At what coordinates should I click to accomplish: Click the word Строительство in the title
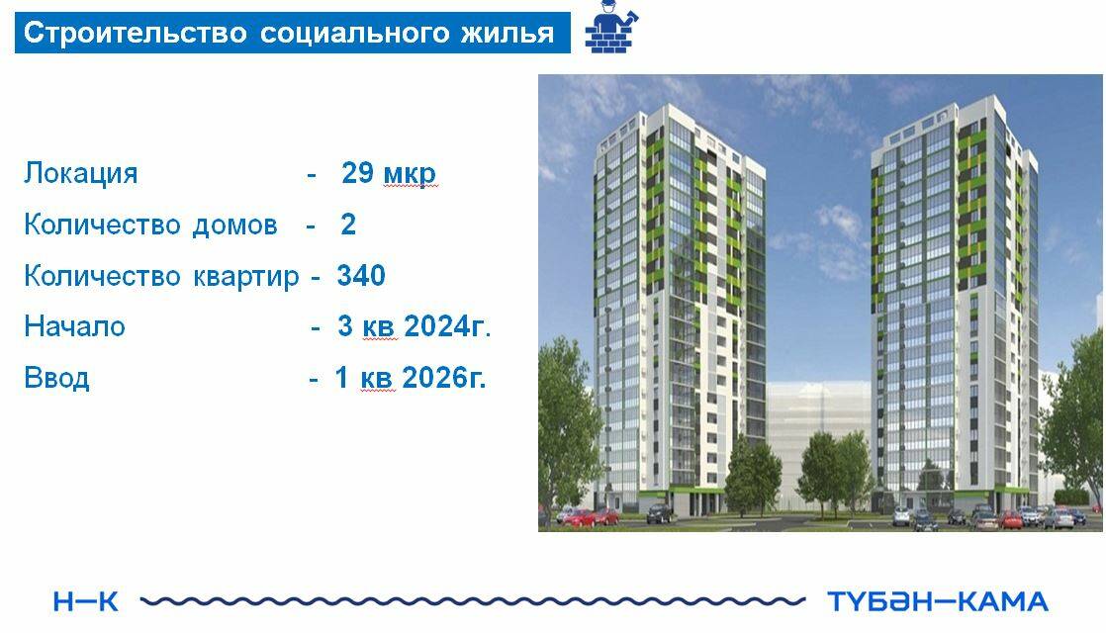click(136, 33)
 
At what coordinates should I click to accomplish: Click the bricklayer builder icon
click(611, 28)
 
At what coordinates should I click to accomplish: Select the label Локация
click(81, 173)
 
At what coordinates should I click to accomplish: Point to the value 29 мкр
click(389, 173)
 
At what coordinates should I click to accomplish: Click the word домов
click(234, 225)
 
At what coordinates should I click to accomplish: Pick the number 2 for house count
click(348, 225)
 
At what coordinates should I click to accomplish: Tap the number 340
click(361, 276)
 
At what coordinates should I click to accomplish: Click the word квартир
click(246, 277)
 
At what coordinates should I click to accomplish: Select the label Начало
click(75, 327)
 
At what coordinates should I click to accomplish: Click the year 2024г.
click(447, 326)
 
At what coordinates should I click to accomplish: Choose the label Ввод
click(56, 379)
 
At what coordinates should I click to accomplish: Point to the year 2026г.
click(444, 378)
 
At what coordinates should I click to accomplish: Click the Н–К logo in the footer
click(85, 602)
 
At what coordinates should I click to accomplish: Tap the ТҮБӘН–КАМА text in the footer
click(938, 601)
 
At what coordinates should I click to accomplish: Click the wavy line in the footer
click(473, 601)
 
